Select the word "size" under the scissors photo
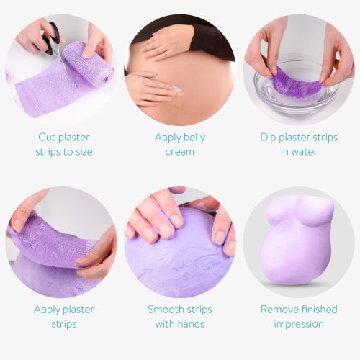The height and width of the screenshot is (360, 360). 80,152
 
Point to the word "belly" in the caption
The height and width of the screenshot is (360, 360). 191,137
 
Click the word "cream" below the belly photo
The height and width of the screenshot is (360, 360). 179,152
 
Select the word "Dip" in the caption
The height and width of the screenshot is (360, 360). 270,137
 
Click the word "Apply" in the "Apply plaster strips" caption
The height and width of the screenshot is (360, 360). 48,310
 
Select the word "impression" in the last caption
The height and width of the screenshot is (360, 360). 299,325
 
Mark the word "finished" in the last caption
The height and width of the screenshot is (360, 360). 319,310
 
